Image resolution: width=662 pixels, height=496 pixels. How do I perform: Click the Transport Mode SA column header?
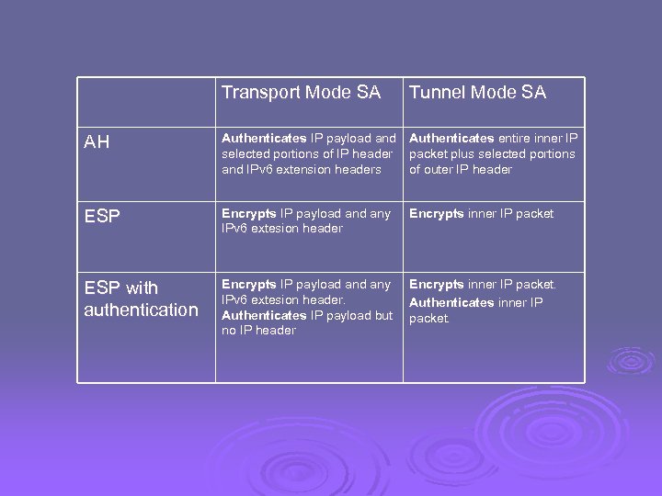click(x=301, y=93)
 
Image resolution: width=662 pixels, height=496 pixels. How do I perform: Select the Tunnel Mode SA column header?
click(x=477, y=93)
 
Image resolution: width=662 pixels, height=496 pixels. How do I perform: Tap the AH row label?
click(x=97, y=142)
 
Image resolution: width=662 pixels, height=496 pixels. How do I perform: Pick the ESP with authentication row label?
click(x=141, y=299)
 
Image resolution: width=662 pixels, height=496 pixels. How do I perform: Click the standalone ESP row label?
click(x=102, y=217)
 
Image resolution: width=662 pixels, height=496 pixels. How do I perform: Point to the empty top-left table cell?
click(x=146, y=100)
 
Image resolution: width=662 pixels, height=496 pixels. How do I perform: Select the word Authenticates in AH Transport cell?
click(x=264, y=139)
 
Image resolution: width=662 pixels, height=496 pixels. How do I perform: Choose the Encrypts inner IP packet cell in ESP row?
click(x=481, y=213)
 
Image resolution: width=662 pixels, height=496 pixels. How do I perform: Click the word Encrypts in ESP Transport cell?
click(x=248, y=213)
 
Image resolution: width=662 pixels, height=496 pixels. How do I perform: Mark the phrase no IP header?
click(x=258, y=331)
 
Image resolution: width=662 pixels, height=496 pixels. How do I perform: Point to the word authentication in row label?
click(x=141, y=310)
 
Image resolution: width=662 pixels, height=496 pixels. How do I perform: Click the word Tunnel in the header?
click(x=437, y=93)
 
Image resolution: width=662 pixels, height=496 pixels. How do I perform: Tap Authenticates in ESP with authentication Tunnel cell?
click(x=451, y=302)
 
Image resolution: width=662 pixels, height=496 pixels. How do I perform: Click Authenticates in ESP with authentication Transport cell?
click(x=264, y=315)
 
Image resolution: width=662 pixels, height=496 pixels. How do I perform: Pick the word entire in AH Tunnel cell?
click(x=515, y=139)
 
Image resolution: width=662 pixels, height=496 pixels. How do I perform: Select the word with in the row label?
click(x=142, y=287)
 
